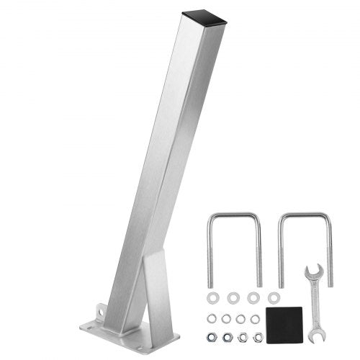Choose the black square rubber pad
point(284,320)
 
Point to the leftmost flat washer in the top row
point(213,297)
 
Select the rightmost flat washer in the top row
point(273,297)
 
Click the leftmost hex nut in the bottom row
point(212,336)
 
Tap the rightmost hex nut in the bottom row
point(258,337)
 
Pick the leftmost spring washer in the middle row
point(212,318)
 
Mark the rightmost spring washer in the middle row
point(255,318)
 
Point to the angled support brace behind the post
point(155,288)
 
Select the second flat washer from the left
point(233,297)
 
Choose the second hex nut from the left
point(228,337)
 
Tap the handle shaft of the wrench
point(315,302)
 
